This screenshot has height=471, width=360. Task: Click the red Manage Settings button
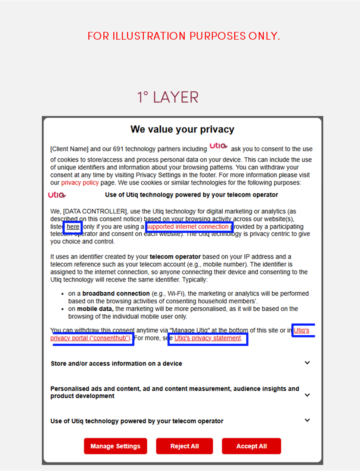click(x=115, y=446)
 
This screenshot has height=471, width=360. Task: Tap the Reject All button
click(x=184, y=446)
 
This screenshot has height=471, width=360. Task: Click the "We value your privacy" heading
click(x=182, y=129)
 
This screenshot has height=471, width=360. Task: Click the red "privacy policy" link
click(x=80, y=183)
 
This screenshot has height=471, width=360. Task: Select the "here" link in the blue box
click(x=73, y=227)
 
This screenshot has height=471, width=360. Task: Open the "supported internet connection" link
click(x=188, y=227)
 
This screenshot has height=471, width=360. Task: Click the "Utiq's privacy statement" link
click(x=208, y=338)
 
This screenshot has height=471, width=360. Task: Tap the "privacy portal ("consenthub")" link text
click(x=90, y=338)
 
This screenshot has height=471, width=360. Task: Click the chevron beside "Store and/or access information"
click(x=307, y=363)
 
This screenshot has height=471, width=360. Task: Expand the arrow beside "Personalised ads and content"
click(x=307, y=395)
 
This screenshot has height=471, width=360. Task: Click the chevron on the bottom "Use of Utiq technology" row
click(x=307, y=420)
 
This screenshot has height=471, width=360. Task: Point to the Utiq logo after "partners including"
click(x=219, y=146)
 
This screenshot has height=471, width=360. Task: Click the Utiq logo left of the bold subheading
click(x=57, y=195)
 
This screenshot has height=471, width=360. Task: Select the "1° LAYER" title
click(x=168, y=97)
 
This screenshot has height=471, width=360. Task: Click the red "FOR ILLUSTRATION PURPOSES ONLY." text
click(x=184, y=36)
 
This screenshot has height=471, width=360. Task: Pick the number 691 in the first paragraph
click(x=118, y=149)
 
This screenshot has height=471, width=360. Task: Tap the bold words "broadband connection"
click(x=116, y=293)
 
